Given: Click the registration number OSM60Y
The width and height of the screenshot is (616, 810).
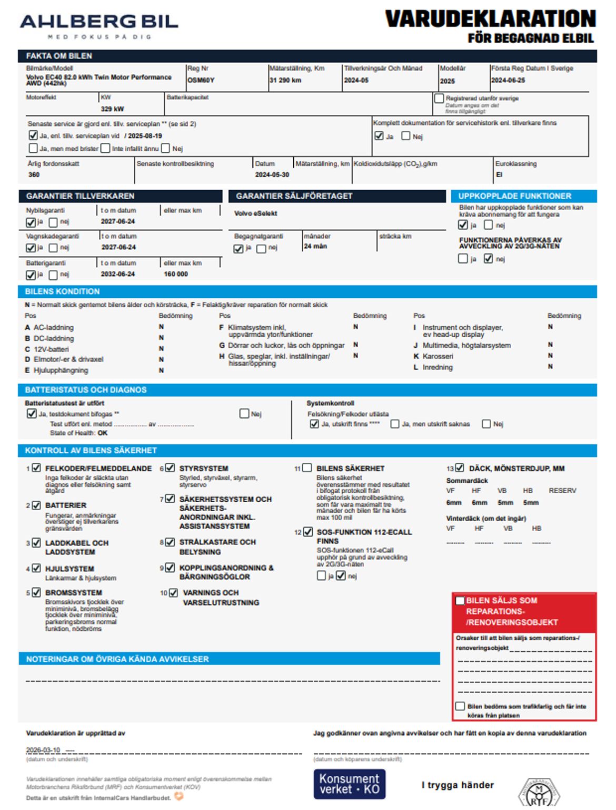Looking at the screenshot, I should (x=201, y=80).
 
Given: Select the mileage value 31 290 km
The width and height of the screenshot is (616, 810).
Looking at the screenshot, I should (x=285, y=80).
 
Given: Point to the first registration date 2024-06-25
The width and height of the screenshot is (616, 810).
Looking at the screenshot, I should (x=508, y=80).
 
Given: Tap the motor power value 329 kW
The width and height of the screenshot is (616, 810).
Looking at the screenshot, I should (x=112, y=109).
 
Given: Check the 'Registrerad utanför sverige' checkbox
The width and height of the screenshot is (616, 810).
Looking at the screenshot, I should (x=439, y=99).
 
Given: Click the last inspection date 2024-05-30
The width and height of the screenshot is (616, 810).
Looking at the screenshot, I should (x=272, y=174).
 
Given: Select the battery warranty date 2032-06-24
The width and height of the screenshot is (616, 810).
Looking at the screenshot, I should (x=118, y=274).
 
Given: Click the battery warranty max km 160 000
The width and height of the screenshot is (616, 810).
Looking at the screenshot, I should (x=176, y=274).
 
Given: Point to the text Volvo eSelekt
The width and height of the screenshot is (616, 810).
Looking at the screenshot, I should (x=255, y=213).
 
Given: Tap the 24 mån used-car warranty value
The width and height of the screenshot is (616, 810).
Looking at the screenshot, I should (x=315, y=246).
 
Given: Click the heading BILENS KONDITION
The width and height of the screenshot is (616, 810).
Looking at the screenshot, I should (x=62, y=291).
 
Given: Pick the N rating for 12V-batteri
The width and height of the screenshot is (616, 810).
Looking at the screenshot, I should (x=161, y=349).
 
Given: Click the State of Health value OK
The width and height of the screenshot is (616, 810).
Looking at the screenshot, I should (x=102, y=433).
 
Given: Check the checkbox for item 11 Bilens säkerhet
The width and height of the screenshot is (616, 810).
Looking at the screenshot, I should (x=307, y=468).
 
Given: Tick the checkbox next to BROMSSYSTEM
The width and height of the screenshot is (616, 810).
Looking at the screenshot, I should (x=36, y=592).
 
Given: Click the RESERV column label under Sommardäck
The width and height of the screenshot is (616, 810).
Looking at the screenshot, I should (x=562, y=491).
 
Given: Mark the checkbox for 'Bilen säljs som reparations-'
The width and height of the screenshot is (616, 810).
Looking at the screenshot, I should (x=460, y=601).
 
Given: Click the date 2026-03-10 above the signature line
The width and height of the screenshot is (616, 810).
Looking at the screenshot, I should (x=43, y=750).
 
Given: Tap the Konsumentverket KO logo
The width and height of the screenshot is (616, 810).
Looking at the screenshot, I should (x=349, y=784).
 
